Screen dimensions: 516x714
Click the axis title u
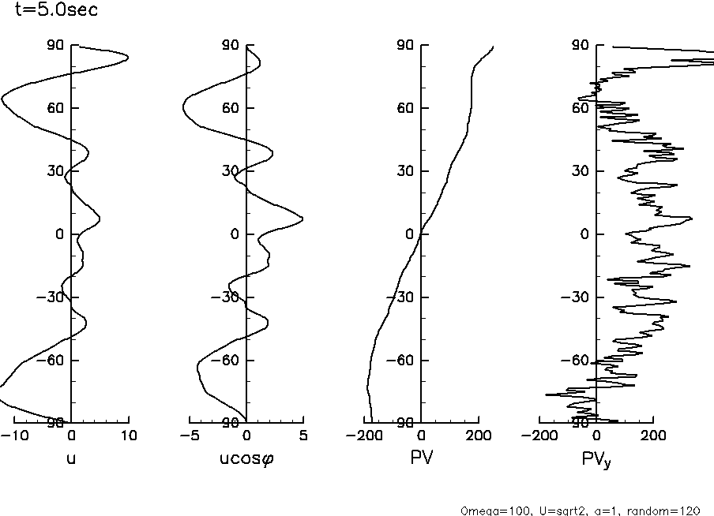pos(71,458)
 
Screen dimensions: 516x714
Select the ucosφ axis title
pos(246,458)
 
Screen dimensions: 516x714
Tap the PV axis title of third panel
pos(422,458)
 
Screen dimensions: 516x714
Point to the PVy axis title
pos(599,459)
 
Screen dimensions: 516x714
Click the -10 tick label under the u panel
pos(13,436)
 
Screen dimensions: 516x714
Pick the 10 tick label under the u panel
pos(129,436)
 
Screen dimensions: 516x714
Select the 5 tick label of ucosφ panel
pos(304,436)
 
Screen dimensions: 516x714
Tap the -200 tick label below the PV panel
pos(363,436)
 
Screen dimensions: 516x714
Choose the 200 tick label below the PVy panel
pos(652,436)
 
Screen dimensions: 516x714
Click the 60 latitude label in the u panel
pos(55,108)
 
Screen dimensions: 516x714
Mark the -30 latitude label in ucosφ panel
pos(227,297)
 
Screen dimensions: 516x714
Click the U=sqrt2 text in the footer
pos(558,510)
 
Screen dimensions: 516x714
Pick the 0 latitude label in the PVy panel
pos(585,234)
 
